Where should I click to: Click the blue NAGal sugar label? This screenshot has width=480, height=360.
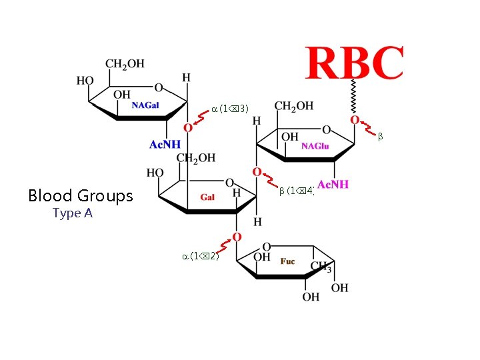[145, 105]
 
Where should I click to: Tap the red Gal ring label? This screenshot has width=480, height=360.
[207, 197]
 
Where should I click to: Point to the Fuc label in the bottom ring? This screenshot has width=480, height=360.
[287, 262]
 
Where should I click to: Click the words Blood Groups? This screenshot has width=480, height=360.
[81, 196]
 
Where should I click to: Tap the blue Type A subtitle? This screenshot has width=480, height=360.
[72, 213]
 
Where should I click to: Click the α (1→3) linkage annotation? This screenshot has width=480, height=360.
[230, 108]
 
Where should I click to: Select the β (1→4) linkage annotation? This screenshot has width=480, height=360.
[297, 191]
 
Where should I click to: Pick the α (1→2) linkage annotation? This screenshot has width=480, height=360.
[201, 256]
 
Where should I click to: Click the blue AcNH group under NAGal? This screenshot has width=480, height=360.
[165, 144]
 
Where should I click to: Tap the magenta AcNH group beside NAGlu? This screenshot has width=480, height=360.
[333, 185]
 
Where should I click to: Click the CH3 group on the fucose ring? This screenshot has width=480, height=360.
[321, 268]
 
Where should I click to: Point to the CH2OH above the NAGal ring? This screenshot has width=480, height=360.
[125, 64]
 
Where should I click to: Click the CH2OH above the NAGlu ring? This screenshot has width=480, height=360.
[294, 106]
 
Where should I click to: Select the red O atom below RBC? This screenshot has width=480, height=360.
[355, 120]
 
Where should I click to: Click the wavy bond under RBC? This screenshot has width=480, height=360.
[355, 97]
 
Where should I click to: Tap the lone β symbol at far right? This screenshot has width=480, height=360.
[381, 137]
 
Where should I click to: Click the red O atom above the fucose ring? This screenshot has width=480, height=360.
[237, 237]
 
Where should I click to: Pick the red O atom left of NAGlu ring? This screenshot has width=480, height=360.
[257, 172]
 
